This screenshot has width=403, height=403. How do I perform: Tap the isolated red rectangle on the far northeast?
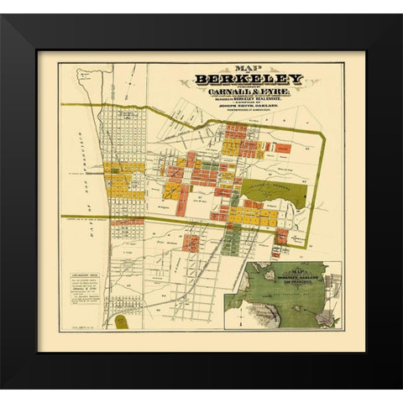click(x=283, y=148)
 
